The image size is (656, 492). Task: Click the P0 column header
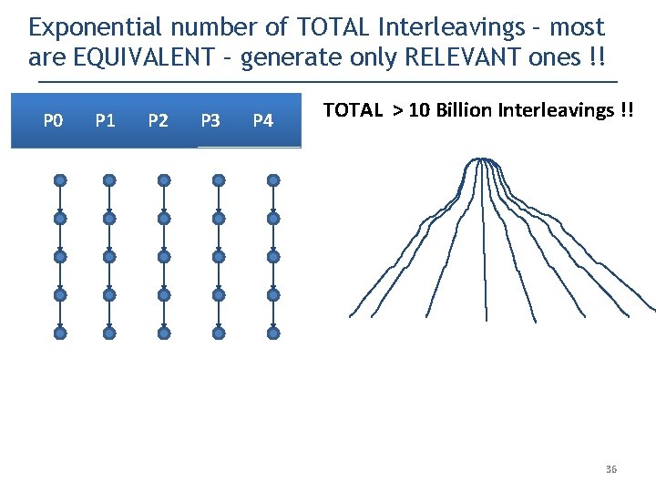[54, 119]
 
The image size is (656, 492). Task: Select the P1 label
[106, 119]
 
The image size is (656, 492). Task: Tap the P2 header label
[159, 119]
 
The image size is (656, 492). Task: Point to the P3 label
[210, 119]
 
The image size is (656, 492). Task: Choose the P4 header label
[262, 119]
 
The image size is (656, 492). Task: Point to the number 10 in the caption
[418, 110]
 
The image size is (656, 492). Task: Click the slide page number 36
[610, 469]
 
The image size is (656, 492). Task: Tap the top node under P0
[60, 180]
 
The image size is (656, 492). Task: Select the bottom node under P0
[60, 333]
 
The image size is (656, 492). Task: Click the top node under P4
[273, 180]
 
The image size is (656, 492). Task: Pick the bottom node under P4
[273, 333]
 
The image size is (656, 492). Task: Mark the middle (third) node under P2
[164, 257]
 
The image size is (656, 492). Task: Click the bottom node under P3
[219, 333]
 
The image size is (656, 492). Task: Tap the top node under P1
[109, 180]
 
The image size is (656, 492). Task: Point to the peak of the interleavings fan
[481, 161]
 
